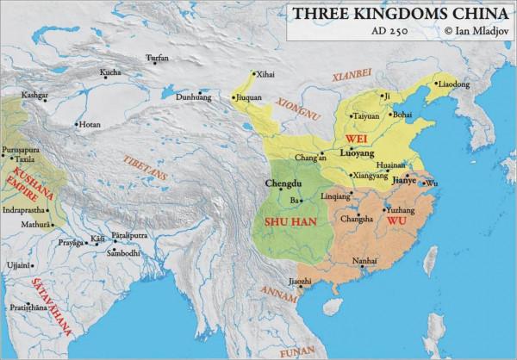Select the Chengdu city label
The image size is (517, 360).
[283, 183]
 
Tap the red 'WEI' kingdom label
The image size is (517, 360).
[354, 138]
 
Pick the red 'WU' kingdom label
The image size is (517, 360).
[396, 220]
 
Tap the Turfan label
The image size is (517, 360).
[158, 58]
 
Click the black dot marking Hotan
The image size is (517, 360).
[74, 124]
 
